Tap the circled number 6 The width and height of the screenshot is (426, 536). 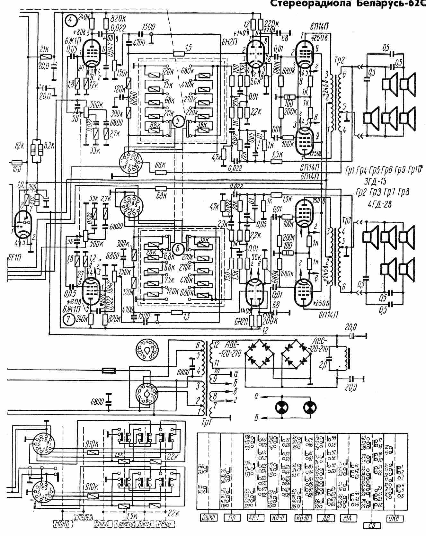tap(179, 248)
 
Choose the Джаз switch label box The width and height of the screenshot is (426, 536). tap(144, 524)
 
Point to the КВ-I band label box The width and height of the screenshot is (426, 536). tap(255, 518)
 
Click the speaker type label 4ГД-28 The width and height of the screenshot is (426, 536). tap(382, 204)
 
